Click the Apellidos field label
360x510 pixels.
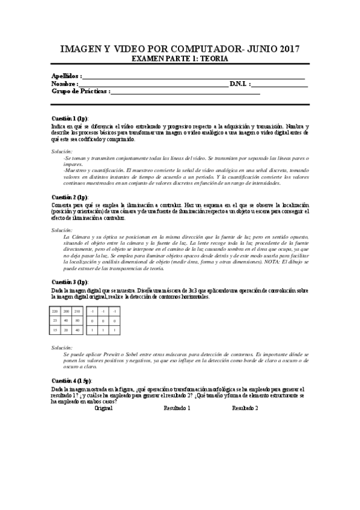(66, 76)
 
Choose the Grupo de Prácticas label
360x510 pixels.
(81, 91)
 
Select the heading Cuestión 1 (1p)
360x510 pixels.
(70, 118)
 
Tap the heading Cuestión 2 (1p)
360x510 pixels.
(70, 197)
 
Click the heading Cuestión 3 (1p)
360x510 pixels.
(70, 281)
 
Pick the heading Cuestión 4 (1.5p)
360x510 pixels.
(72, 381)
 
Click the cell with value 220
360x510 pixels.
(55, 312)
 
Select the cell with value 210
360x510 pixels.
(77, 312)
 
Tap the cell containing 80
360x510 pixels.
(77, 321)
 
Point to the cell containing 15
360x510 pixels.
(55, 330)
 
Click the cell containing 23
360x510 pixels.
(55, 321)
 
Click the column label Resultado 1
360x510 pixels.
(177, 408)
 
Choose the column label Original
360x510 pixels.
(103, 408)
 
